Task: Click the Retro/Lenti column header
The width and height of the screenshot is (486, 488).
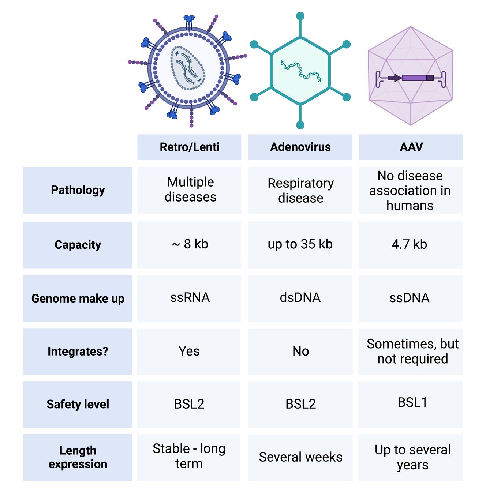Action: [189, 147]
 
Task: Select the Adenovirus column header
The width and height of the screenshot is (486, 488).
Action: [300, 147]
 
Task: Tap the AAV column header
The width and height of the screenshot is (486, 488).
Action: [411, 147]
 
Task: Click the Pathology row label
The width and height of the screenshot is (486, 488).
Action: [78, 190]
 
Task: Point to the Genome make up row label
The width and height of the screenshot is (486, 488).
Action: [78, 299]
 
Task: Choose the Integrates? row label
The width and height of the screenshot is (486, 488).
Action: [78, 352]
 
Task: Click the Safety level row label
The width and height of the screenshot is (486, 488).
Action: [78, 404]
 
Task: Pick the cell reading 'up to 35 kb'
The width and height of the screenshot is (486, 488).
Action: [300, 244]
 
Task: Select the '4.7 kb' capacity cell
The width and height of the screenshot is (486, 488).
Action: [410, 244]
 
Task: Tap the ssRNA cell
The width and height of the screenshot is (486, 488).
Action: [190, 298]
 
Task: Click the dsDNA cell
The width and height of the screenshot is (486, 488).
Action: [300, 298]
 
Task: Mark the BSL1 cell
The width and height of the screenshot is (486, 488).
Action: [412, 403]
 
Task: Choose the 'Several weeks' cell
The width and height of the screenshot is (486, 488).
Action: [300, 457]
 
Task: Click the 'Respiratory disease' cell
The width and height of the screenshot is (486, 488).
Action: [300, 190]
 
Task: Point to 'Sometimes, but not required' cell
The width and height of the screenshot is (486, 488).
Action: [412, 352]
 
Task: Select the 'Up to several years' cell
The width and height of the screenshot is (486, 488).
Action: [412, 457]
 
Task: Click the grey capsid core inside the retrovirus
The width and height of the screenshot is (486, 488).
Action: [188, 68]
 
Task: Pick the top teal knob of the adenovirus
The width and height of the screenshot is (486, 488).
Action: [300, 16]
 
